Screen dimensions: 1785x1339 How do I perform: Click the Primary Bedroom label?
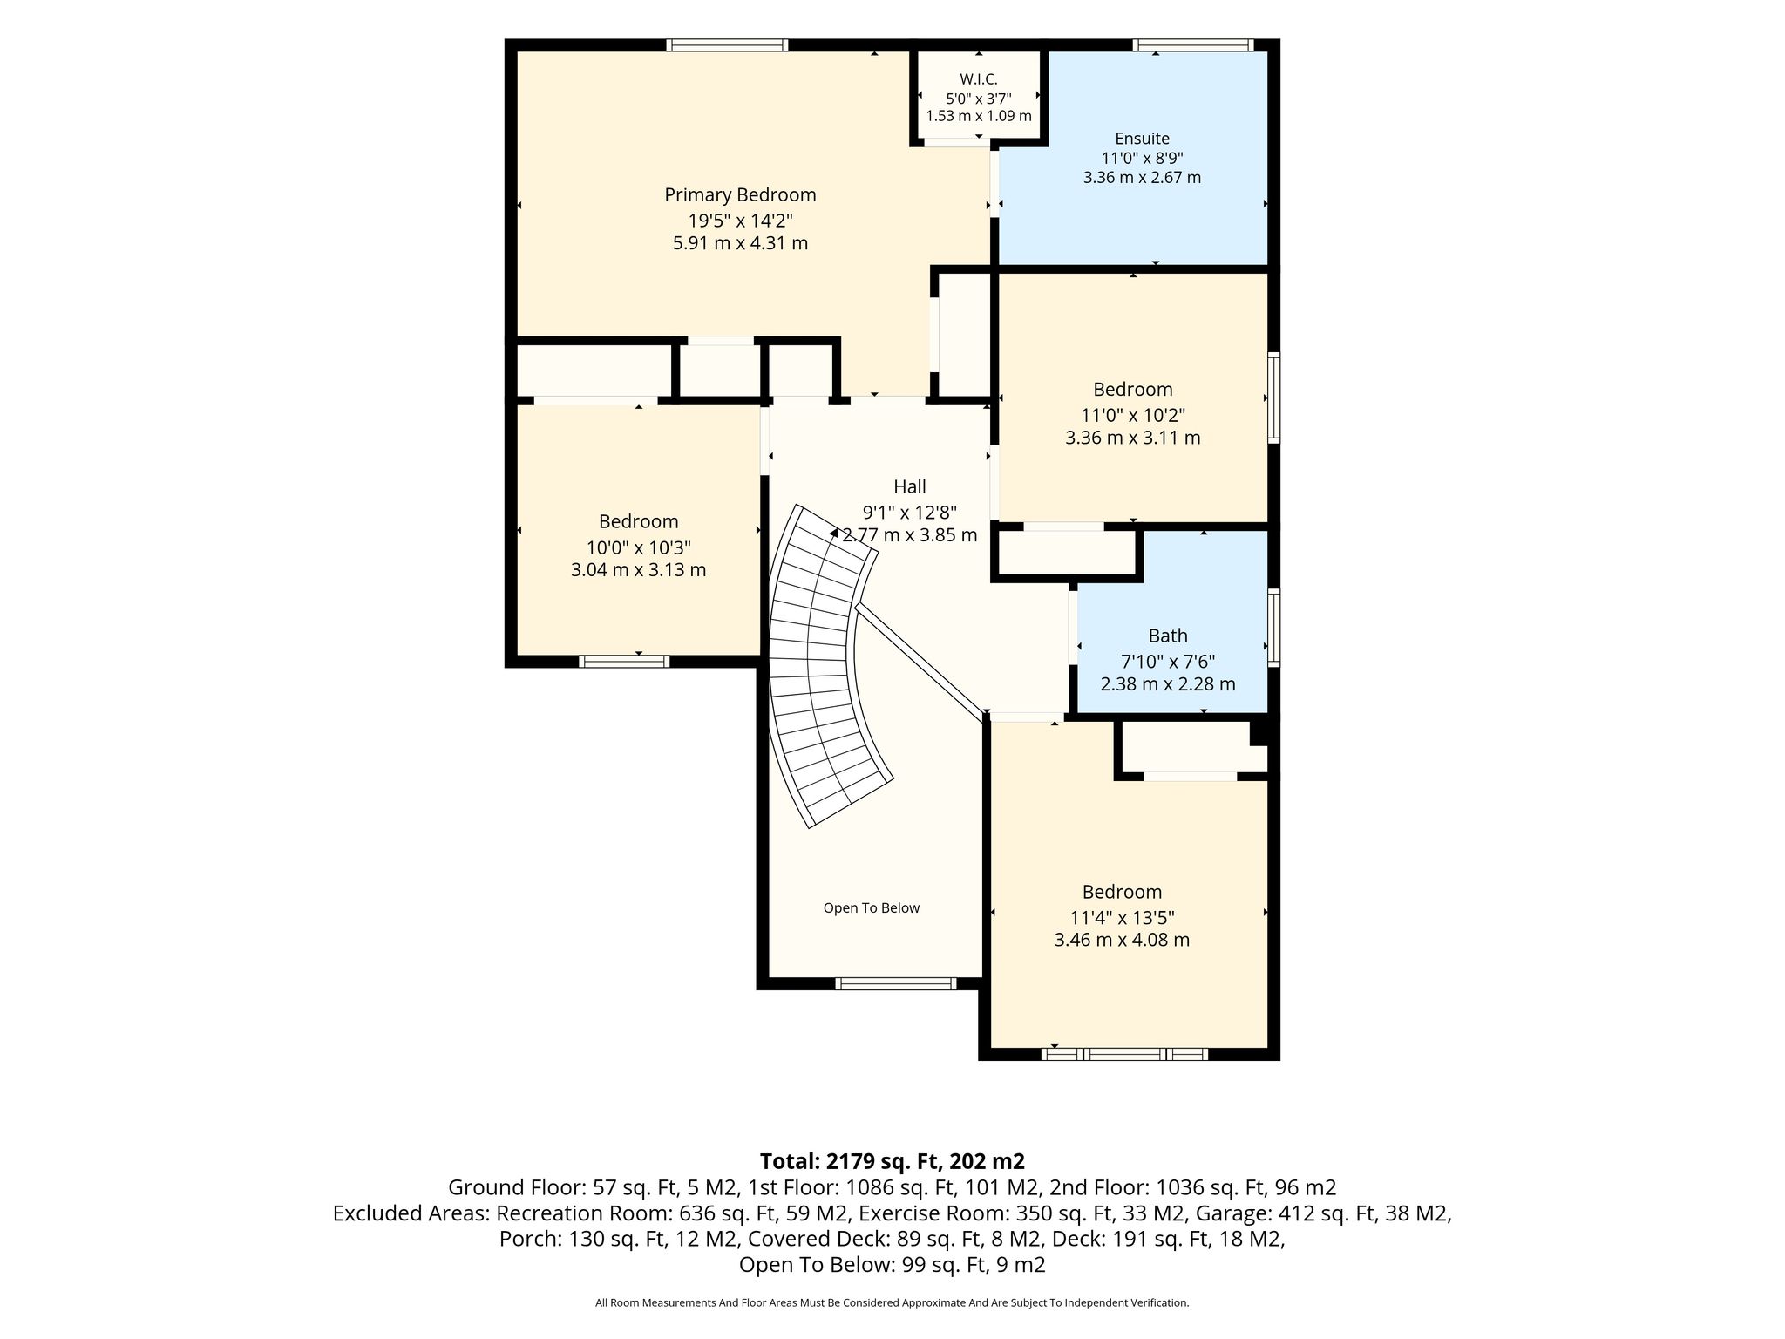coord(740,195)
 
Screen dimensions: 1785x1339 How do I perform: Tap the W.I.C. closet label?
coord(979,79)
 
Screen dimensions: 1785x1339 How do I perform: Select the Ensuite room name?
coord(1142,139)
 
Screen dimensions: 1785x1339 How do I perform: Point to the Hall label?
coord(909,486)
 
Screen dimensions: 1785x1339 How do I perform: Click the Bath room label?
coord(1168,636)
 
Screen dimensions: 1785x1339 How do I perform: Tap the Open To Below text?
coord(872,907)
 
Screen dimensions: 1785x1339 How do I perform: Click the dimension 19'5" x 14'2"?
coord(740,220)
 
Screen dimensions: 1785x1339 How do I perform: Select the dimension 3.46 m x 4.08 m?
coord(1122,940)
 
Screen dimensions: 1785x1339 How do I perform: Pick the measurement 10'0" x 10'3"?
coord(638,547)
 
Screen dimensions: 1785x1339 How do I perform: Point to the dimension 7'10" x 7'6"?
coord(1168,661)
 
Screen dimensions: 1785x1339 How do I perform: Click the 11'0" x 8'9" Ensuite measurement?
coord(1142,158)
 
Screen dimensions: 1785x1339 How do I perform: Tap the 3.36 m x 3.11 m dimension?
coord(1132,438)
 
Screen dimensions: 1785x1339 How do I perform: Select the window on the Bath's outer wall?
coord(1273,628)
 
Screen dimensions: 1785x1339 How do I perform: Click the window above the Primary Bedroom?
coord(727,45)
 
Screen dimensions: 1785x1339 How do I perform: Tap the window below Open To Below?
coord(895,983)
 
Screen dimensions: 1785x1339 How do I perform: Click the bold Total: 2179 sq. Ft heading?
coord(892,1161)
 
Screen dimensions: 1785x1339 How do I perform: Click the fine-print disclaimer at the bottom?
coord(892,1303)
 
